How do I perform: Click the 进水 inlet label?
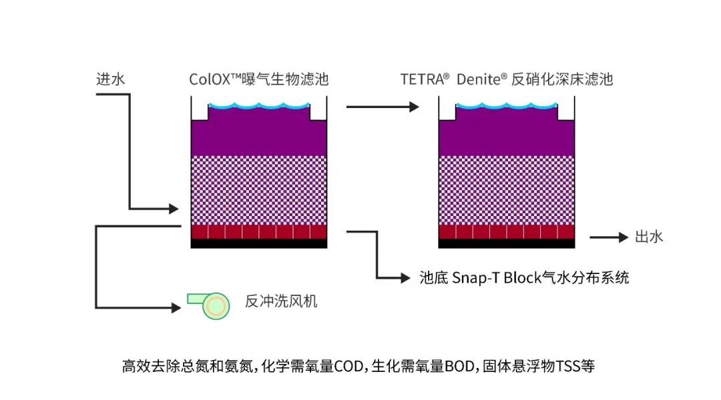(x=111, y=79)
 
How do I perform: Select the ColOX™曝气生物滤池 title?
(x=259, y=79)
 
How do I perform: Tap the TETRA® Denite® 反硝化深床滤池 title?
(x=507, y=79)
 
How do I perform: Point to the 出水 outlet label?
(x=649, y=237)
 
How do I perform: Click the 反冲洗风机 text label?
(x=281, y=301)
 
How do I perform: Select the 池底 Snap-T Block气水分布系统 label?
(x=524, y=277)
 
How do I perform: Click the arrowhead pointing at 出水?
(x=624, y=237)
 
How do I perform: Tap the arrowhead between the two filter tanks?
(x=413, y=107)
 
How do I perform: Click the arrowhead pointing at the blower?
(x=176, y=307)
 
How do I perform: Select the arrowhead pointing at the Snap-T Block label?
(x=405, y=278)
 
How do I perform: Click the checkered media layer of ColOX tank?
(x=259, y=190)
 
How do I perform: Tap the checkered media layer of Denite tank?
(x=507, y=190)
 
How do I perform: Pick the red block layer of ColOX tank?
(x=259, y=232)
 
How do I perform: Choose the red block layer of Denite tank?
(x=507, y=232)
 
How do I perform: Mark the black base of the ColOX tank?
(x=259, y=244)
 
